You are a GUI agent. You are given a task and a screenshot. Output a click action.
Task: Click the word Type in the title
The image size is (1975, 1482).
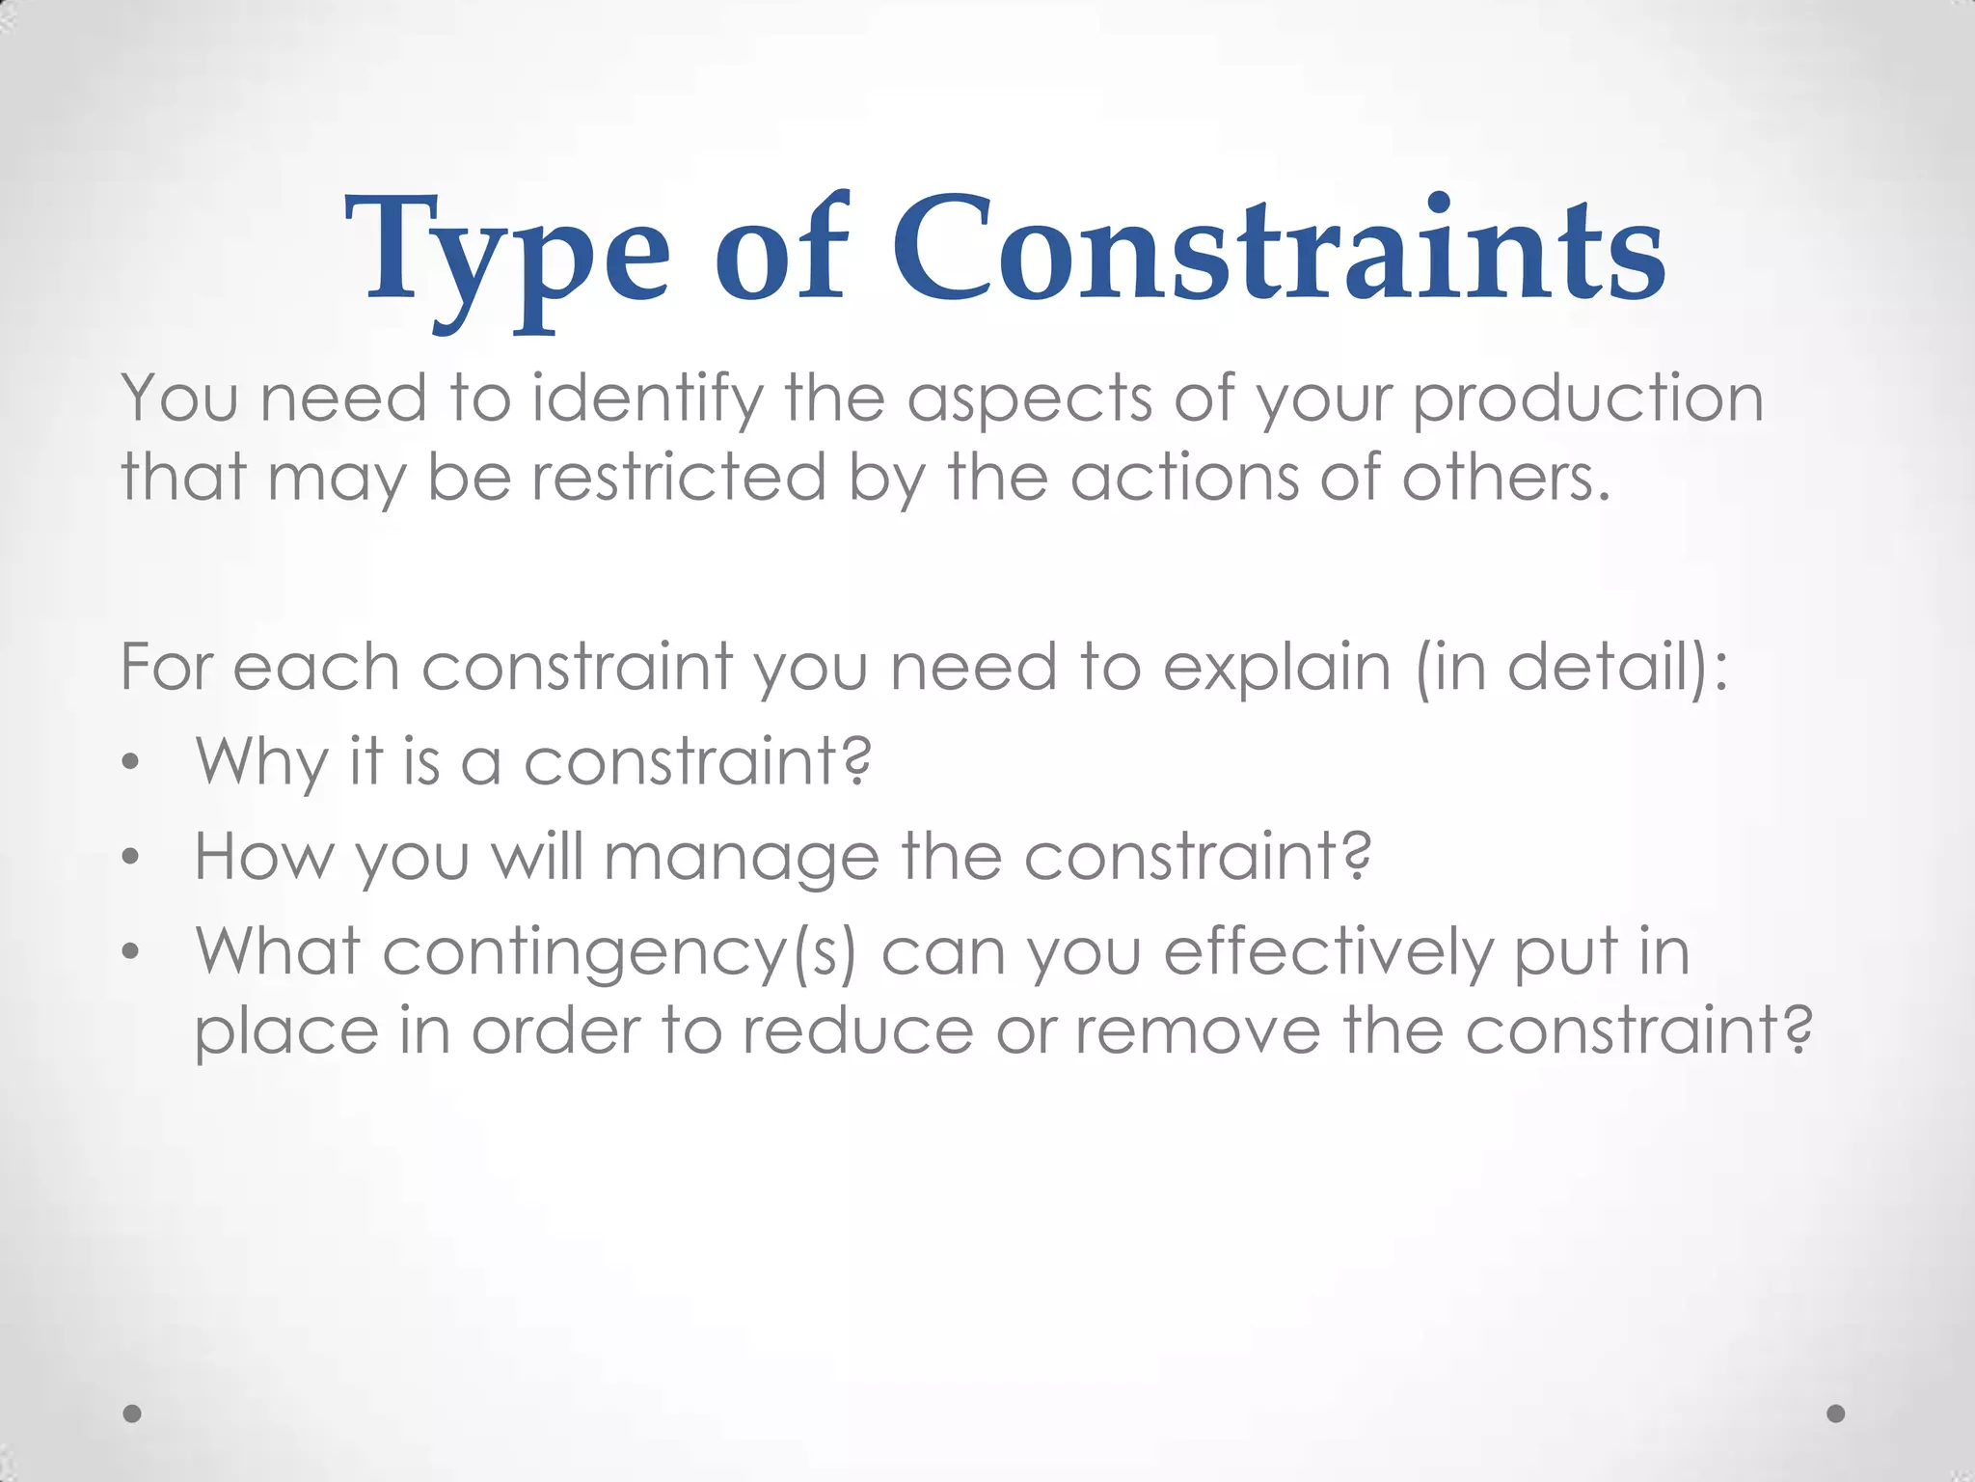(506, 253)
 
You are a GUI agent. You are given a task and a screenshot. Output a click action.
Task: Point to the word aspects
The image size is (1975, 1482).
(1029, 399)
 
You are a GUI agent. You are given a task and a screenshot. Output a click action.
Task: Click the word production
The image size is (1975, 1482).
(1587, 399)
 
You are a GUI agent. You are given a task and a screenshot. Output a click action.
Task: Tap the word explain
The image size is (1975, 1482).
(1277, 668)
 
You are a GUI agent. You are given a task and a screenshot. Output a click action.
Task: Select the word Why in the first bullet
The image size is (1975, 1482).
(261, 762)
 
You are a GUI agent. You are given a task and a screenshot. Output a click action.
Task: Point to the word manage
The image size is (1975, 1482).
(741, 858)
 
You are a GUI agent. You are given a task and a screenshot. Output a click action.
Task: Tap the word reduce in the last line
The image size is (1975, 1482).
(857, 1030)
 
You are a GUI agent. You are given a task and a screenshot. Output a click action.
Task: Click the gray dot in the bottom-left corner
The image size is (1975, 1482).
(132, 1413)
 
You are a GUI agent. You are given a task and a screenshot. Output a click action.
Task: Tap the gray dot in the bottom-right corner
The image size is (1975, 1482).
(1836, 1413)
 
